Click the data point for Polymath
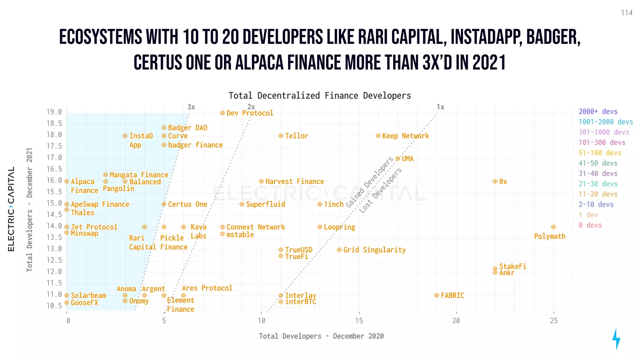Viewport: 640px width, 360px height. coord(553,227)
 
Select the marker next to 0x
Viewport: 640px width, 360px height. coord(495,181)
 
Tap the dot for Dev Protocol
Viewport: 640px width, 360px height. coord(222,113)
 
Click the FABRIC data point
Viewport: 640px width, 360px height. coord(437,295)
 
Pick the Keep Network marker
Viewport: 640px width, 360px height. coord(378,136)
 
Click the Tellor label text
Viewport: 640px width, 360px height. coord(296,136)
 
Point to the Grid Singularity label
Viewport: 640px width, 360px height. coord(374,250)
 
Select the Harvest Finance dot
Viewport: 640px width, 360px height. coord(261,181)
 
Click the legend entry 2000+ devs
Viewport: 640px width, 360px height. coord(598,112)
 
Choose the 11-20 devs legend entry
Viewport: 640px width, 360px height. coord(598,194)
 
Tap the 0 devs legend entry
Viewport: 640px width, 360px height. coord(590,225)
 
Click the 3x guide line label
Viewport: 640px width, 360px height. coord(191,107)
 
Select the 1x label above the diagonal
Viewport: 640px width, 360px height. coord(440,107)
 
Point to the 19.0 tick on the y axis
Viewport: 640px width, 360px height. coord(54,112)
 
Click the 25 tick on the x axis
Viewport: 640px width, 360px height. coord(553,321)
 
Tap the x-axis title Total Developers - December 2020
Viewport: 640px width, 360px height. coord(321,336)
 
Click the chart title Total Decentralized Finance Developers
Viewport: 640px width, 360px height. coord(320,96)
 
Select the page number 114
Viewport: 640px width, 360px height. coord(627,13)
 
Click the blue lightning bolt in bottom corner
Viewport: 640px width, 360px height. coord(616,339)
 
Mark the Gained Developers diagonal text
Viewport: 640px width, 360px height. coord(369,182)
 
